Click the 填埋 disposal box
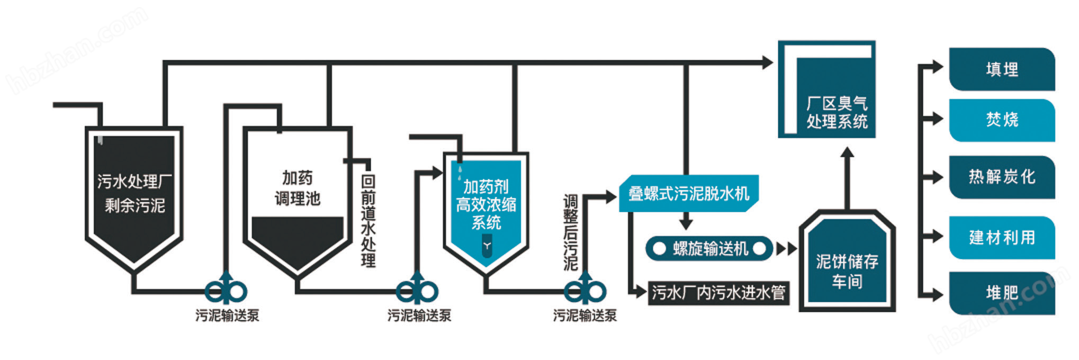pyautogui.click(x=1002, y=69)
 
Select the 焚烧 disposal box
pyautogui.click(x=1002, y=120)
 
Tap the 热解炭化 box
pyautogui.click(x=1002, y=177)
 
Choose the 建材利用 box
pyautogui.click(x=1002, y=238)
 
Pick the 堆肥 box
pyautogui.click(x=1002, y=293)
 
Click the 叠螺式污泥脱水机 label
pyautogui.click(x=688, y=194)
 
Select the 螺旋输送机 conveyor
pyautogui.click(x=709, y=248)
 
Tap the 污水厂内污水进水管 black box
pyautogui.click(x=718, y=293)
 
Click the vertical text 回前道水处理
pyautogui.click(x=368, y=220)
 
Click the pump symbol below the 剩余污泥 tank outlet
pyautogui.click(x=226, y=291)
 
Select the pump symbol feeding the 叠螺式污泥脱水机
pyautogui.click(x=585, y=291)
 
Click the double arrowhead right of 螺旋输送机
pyautogui.click(x=786, y=249)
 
